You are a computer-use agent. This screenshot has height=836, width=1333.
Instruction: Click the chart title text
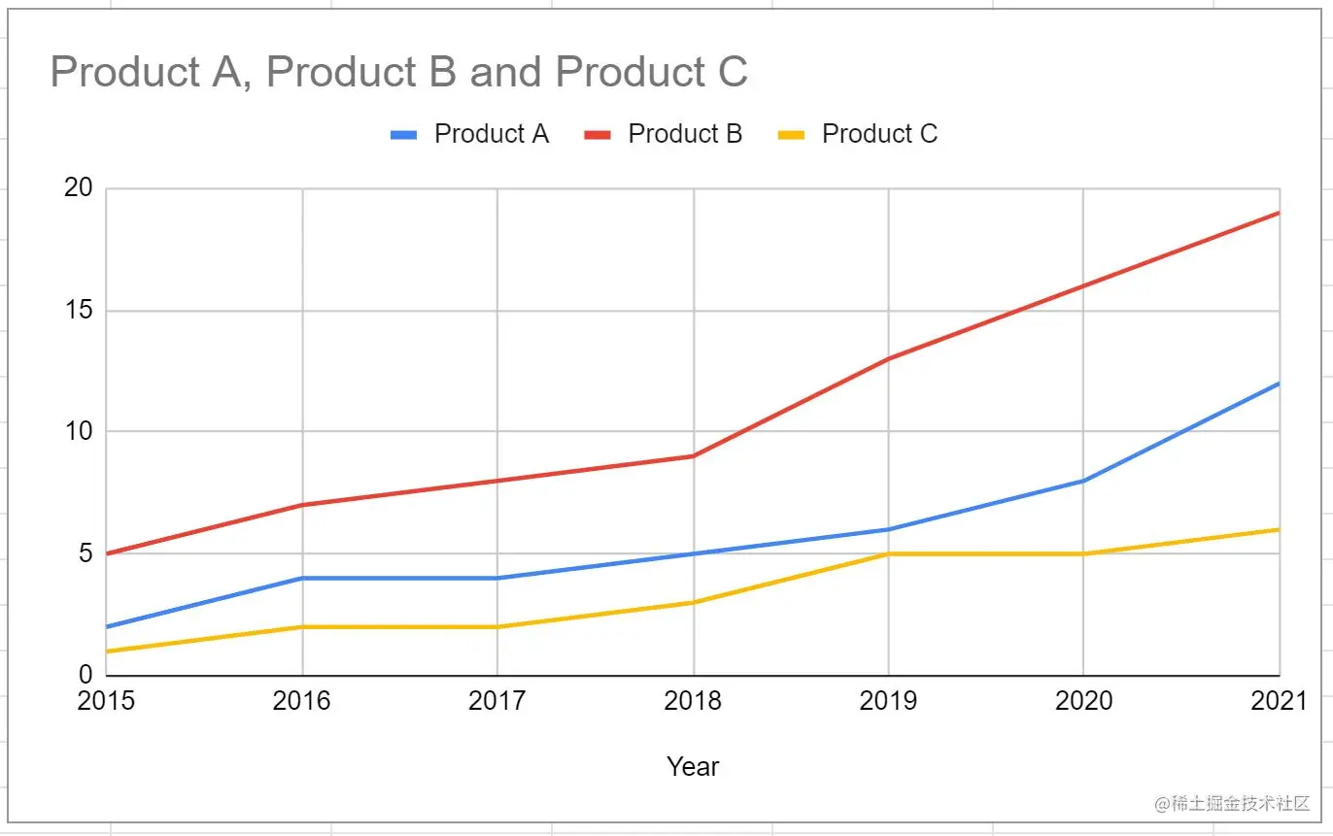pos(398,73)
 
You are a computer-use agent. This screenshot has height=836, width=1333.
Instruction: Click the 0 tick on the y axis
pos(85,675)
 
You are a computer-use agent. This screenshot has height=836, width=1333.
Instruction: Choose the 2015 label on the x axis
pos(106,701)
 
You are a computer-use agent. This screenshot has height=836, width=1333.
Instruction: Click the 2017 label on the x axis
pos(497,701)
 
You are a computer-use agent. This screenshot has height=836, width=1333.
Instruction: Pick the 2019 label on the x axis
pos(888,701)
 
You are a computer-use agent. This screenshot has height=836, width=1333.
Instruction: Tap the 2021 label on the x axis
pos(1279,701)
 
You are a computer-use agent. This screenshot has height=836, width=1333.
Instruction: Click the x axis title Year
pos(693,767)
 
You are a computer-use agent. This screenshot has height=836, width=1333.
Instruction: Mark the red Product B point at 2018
pos(694,455)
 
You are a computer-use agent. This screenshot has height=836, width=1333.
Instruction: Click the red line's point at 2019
pos(889,358)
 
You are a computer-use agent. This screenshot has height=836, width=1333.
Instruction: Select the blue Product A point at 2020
pos(1083,480)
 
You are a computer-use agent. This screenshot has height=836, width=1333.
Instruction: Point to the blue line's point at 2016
pos(302,578)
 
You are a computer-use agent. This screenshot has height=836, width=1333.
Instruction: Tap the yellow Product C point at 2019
pos(889,553)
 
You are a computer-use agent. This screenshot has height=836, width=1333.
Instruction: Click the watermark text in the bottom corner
pos(1232,804)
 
